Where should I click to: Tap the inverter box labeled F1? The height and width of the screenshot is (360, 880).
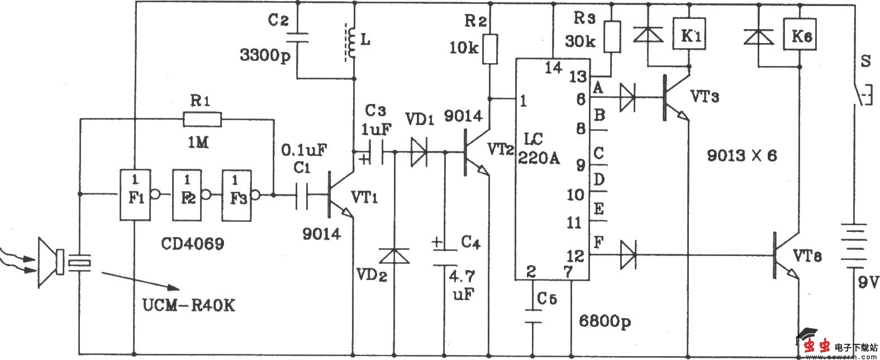[135, 195]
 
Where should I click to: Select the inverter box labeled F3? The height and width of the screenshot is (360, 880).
[237, 195]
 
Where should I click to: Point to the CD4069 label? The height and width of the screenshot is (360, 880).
[193, 244]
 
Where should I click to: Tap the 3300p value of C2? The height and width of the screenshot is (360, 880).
[262, 55]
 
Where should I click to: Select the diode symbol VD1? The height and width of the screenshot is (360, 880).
[419, 151]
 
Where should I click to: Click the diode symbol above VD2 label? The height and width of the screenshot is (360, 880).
[393, 256]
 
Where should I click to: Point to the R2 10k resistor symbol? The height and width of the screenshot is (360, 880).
[491, 49]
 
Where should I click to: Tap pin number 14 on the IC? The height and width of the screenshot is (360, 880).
[554, 68]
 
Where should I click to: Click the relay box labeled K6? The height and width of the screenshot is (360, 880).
[800, 36]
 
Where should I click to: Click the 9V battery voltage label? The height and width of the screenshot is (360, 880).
[865, 285]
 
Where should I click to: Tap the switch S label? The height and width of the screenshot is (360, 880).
[865, 61]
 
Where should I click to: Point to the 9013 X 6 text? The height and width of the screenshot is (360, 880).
[741, 156]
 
